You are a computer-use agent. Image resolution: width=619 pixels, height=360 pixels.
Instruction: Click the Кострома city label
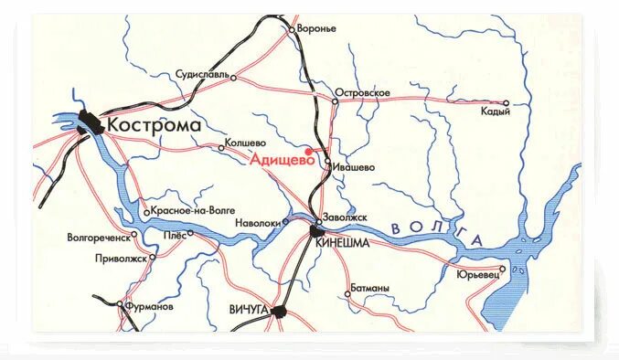click(x=155, y=124)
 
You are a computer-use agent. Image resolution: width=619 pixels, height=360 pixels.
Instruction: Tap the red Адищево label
click(x=277, y=157)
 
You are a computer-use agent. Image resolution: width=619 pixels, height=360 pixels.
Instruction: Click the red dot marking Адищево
click(x=308, y=151)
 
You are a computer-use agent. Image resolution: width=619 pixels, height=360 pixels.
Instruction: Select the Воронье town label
click(x=317, y=28)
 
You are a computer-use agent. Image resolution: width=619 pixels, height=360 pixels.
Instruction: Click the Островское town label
click(x=364, y=93)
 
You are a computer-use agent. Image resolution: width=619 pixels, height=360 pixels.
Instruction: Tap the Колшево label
click(x=246, y=143)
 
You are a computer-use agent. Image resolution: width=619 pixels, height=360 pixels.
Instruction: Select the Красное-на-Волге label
click(x=193, y=210)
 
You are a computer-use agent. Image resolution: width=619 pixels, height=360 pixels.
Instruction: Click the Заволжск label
click(x=345, y=217)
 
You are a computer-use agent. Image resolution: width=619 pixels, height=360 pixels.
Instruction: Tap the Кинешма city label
click(x=341, y=243)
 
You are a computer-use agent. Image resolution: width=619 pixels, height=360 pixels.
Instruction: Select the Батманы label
click(x=371, y=289)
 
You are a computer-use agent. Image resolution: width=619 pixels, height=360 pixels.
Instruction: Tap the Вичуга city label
click(x=248, y=311)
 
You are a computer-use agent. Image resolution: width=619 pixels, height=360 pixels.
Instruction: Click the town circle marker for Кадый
click(x=506, y=103)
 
